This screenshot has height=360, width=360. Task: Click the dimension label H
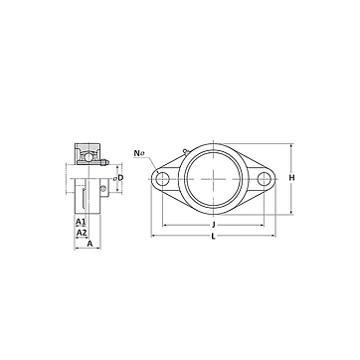[291, 178]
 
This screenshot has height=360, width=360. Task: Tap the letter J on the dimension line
[214, 225]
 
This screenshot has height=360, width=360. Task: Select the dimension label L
[214, 237]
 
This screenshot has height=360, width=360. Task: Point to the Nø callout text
[139, 153]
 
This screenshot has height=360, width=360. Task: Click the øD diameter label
[118, 178]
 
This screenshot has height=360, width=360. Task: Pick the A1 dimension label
[81, 221]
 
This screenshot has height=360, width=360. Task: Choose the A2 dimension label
[82, 233]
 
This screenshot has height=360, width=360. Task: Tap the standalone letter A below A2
[90, 244]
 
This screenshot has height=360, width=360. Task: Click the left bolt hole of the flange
[162, 179]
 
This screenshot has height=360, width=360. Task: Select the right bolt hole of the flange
[265, 179]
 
